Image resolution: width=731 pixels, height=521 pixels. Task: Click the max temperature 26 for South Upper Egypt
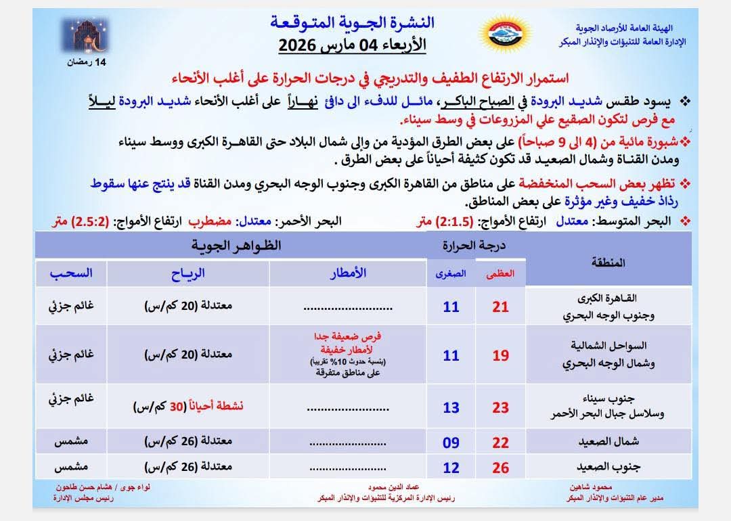[x=500, y=467]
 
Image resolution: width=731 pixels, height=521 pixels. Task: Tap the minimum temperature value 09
[x=451, y=443]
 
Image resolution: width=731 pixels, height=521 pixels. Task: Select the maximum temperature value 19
[x=500, y=355]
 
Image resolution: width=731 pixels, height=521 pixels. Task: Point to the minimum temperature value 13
[x=451, y=407]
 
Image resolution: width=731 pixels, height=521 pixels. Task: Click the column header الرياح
[x=188, y=273]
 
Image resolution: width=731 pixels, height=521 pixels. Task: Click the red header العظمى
[x=501, y=274]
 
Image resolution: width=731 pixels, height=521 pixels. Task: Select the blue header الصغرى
[x=451, y=274]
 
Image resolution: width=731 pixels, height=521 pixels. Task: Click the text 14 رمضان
[x=87, y=62]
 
